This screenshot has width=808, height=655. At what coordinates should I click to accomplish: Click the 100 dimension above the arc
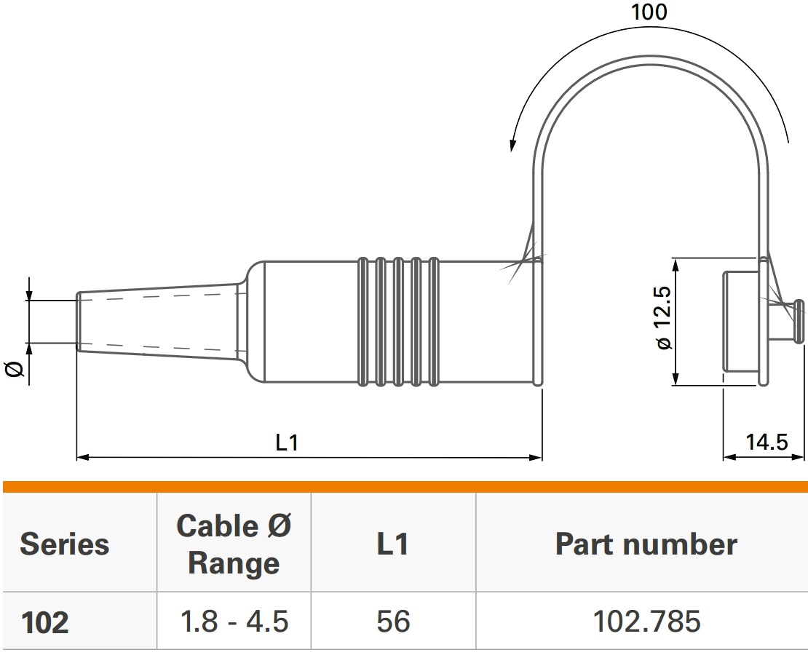[649, 12]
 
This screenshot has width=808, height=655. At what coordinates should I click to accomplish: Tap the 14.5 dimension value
[767, 442]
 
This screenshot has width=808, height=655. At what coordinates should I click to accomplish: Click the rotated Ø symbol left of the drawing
[15, 371]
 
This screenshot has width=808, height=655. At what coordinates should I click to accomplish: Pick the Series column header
[65, 544]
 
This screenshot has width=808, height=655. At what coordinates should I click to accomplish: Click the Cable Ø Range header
[234, 544]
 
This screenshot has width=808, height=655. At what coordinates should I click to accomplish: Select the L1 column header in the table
[393, 544]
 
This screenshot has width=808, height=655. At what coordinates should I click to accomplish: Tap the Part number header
[646, 544]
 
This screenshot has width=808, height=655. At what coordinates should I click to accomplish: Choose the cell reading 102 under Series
[45, 622]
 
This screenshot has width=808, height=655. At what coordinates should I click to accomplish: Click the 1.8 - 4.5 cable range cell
[234, 622]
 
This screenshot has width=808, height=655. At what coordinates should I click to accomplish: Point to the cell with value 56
[393, 622]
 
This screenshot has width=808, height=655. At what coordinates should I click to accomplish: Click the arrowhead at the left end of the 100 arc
[513, 146]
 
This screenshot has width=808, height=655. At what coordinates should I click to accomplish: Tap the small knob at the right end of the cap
[799, 320]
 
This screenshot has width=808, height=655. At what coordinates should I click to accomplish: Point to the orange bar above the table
[404, 487]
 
